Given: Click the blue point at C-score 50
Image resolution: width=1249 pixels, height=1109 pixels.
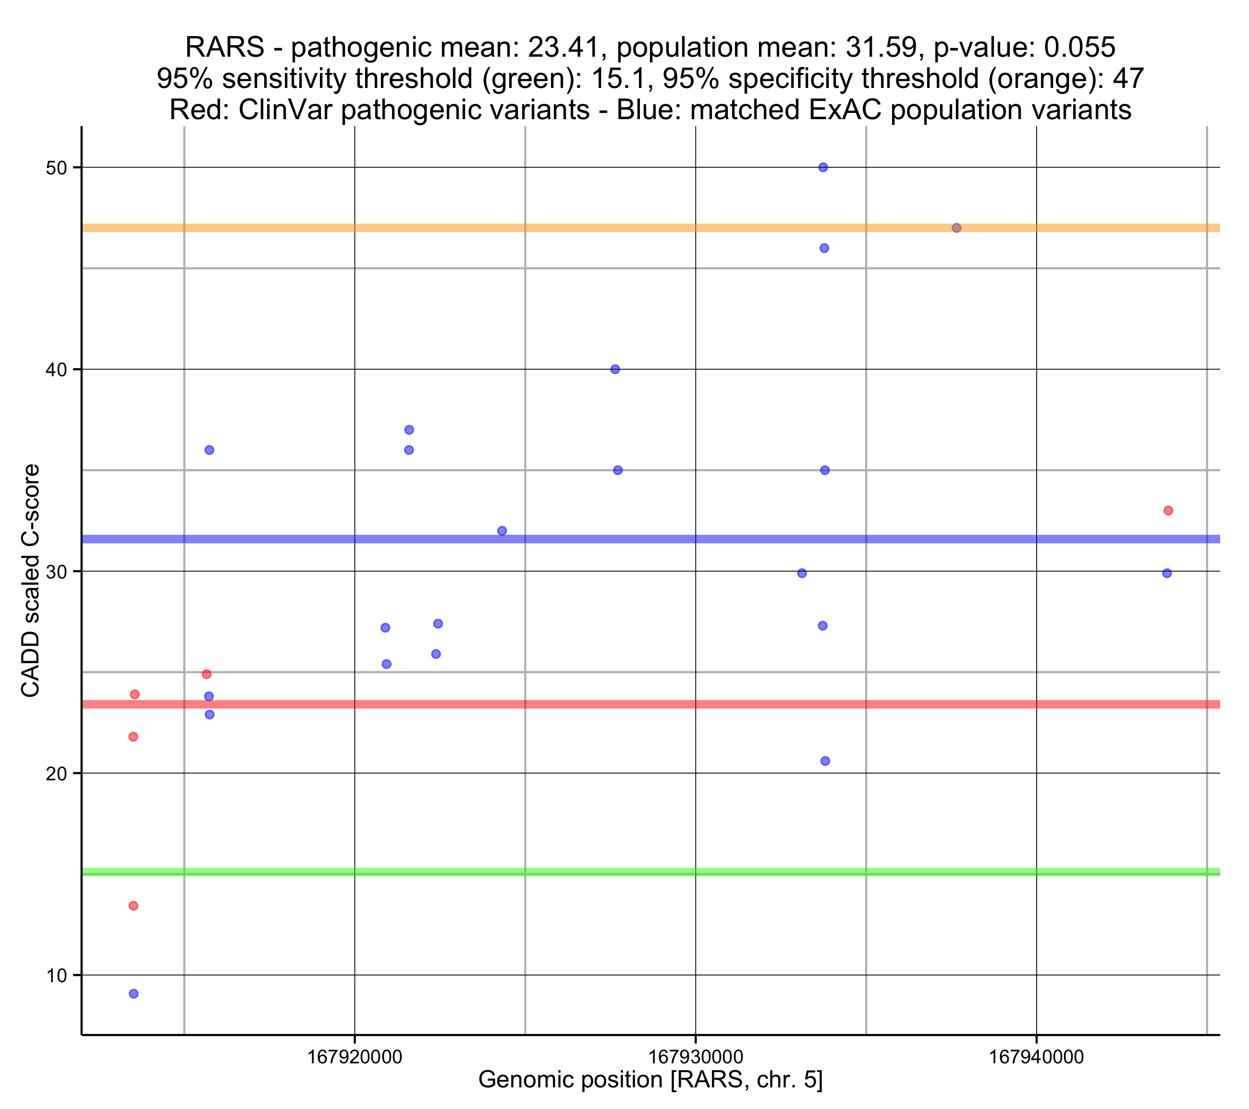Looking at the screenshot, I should [823, 168].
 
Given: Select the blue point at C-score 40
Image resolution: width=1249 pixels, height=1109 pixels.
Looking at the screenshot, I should [615, 369].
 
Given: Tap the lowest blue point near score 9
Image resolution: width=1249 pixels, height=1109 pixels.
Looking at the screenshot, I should [134, 994].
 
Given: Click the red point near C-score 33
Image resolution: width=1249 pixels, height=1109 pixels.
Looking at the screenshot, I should [1168, 510].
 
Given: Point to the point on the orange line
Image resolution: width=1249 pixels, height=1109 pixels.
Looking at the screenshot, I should [956, 228].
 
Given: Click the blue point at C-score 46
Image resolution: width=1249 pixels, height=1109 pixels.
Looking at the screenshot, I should [824, 248].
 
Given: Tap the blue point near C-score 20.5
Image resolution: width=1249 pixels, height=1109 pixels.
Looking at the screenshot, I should [825, 761].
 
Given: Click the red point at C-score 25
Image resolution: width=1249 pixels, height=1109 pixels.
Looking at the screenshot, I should [207, 674].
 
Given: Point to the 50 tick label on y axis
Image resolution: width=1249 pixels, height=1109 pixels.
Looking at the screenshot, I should [56, 168].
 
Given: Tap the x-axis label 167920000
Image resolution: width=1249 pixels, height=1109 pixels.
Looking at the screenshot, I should [355, 1057].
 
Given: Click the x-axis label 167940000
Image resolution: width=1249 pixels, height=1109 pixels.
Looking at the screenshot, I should [1036, 1057].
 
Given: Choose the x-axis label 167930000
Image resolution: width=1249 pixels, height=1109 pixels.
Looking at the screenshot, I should [696, 1057].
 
